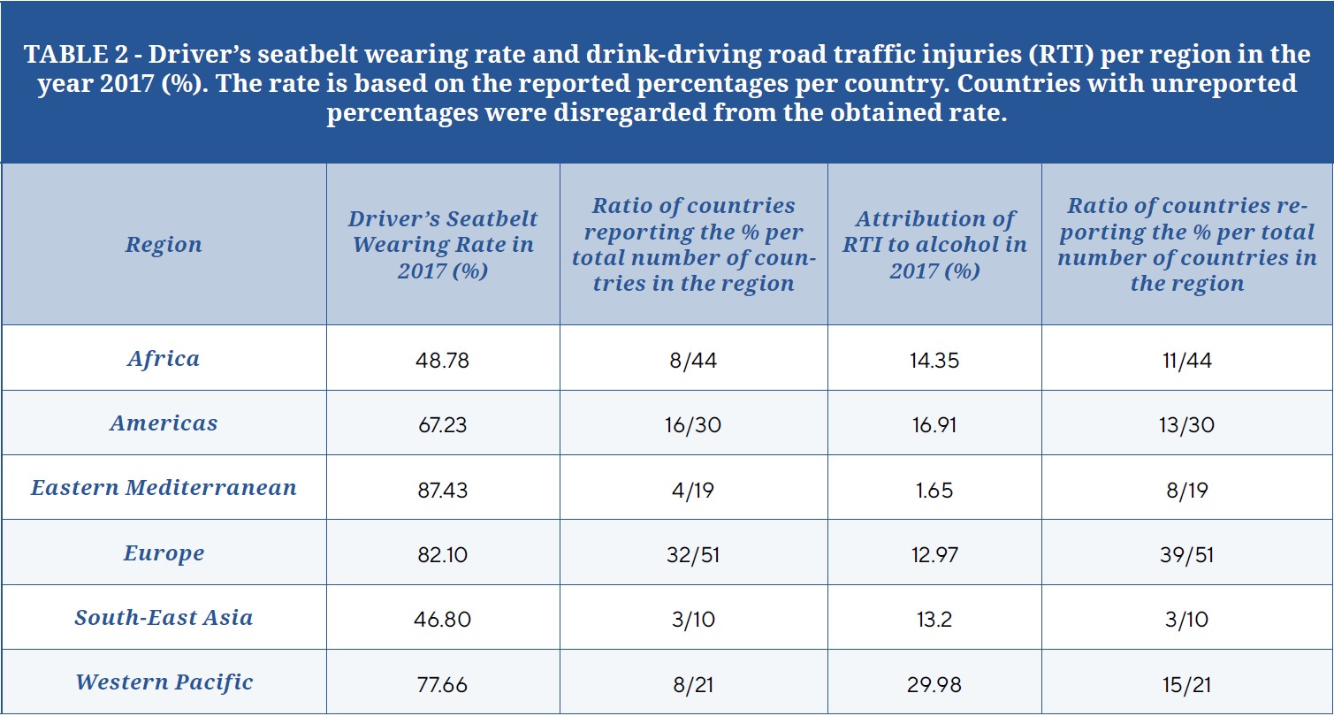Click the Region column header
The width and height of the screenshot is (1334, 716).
[164, 245]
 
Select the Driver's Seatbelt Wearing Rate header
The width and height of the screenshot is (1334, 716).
[442, 245]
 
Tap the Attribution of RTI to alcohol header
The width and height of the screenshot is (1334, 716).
[934, 245]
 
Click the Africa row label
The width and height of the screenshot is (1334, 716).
[164, 358]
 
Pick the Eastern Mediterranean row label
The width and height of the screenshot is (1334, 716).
[164, 488]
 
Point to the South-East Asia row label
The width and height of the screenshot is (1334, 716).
[164, 617]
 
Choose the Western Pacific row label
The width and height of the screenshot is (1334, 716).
[164, 682]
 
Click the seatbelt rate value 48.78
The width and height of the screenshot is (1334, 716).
[442, 360]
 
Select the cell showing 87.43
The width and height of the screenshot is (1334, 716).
[442, 489]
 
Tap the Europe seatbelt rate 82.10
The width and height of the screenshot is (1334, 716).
[442, 554]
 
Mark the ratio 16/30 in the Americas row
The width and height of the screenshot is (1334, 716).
[693, 424]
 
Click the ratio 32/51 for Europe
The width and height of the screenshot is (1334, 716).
[693, 554]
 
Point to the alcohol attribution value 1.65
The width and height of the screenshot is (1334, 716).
[934, 489]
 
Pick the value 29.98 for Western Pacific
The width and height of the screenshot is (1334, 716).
[934, 683]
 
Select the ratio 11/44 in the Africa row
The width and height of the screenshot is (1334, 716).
[1186, 360]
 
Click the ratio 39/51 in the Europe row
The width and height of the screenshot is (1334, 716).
[1186, 554]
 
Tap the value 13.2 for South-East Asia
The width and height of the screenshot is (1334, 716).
[934, 619]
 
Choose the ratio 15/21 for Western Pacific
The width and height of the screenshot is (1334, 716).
[1186, 683]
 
